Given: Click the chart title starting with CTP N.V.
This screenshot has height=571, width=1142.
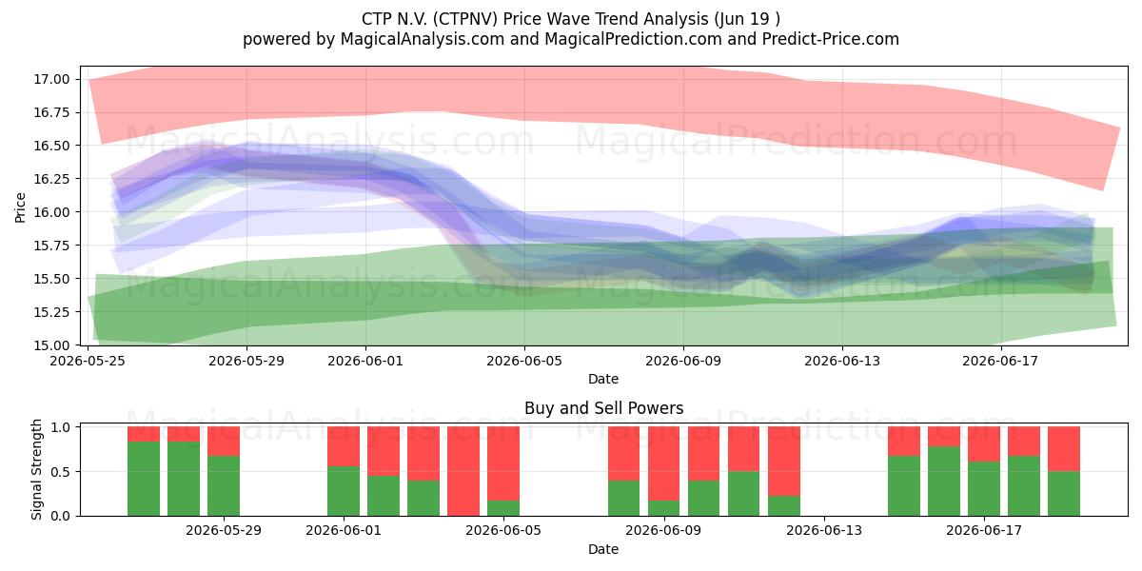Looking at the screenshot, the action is (570, 19).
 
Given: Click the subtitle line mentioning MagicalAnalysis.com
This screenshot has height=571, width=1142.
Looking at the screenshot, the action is (570, 39).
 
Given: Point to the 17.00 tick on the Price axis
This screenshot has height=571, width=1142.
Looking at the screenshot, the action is (51, 79).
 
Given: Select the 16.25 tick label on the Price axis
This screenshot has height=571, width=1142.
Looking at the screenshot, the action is (51, 179).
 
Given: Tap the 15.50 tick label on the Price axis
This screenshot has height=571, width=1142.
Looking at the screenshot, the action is (51, 279).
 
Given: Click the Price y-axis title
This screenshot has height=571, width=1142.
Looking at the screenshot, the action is (20, 207).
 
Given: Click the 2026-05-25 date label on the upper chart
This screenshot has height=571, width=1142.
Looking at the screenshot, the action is (88, 361).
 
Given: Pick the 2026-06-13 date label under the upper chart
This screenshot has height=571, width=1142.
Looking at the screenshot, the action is (842, 361).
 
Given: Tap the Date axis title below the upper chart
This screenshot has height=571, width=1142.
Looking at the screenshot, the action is (603, 379).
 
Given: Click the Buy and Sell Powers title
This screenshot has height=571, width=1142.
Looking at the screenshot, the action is (603, 408).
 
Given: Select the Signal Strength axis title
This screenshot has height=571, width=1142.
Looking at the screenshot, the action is (36, 469).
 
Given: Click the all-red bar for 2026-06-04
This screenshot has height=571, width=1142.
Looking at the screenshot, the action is (463, 471).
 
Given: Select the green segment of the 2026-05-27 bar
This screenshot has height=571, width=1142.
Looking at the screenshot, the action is (184, 479).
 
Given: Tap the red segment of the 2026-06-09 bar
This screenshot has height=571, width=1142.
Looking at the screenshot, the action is (664, 463).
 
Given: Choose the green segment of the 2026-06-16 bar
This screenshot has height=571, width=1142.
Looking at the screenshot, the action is (944, 481).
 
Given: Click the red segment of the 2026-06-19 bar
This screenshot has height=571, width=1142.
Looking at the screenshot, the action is (1064, 448).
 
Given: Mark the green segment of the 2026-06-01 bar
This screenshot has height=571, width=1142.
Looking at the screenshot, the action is (344, 491).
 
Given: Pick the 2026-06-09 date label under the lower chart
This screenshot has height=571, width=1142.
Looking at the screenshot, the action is (663, 531).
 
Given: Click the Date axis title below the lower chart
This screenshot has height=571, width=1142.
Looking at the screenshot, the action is (603, 549).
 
